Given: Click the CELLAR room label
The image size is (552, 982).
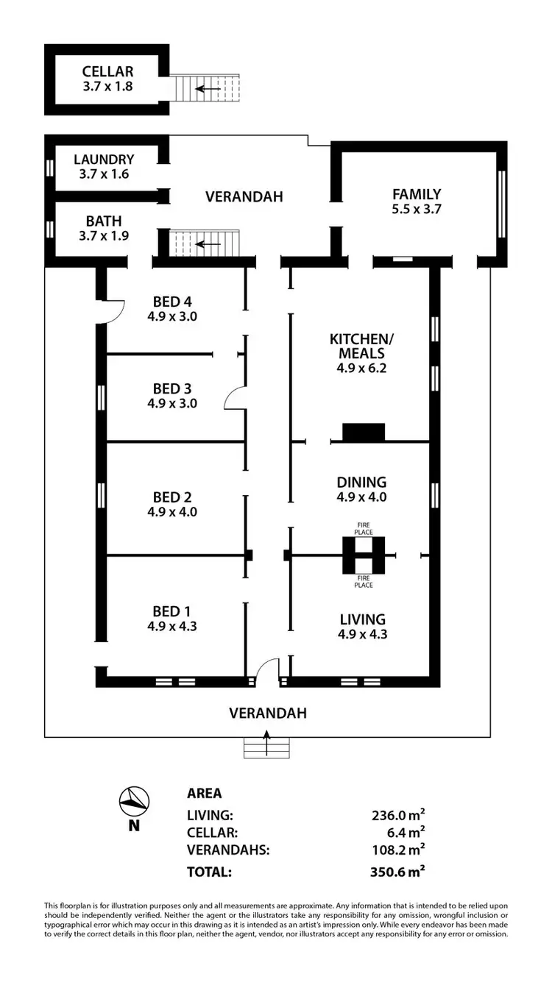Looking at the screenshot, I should (x=107, y=71).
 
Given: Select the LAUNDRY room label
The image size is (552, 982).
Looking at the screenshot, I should (x=103, y=159).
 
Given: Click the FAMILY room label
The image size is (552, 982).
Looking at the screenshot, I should (x=417, y=194).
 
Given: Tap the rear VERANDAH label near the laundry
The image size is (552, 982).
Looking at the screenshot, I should (x=244, y=196).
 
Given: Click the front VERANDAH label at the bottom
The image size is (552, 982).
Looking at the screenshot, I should (x=267, y=712).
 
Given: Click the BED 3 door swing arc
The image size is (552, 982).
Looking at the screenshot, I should (x=234, y=398).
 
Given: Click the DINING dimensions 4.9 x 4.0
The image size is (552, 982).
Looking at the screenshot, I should (x=361, y=497).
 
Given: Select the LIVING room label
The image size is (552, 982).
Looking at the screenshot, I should (x=361, y=619).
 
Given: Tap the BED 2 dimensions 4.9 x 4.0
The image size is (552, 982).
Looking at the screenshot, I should (x=171, y=511).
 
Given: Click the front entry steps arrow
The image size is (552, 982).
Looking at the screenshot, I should (x=267, y=741).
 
